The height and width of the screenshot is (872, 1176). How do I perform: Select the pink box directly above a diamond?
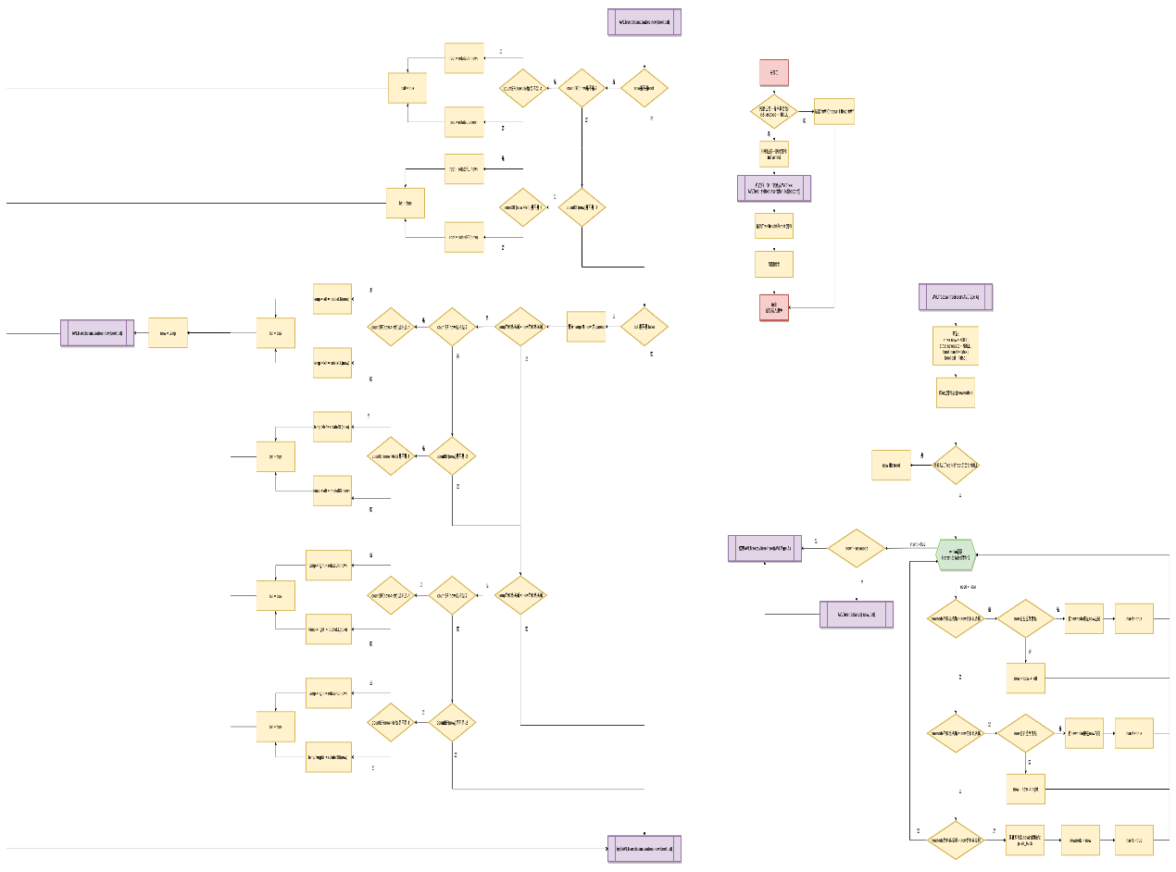[773, 72]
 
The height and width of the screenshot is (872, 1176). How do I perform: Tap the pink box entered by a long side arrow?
[773, 307]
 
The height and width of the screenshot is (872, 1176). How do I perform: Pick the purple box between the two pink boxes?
[773, 188]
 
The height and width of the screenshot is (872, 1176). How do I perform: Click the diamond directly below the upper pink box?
[773, 111]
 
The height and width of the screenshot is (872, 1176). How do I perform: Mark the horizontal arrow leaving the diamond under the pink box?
[806, 111]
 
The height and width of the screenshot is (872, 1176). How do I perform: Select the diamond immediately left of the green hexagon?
[856, 548]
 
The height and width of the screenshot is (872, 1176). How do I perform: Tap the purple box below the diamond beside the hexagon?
[857, 615]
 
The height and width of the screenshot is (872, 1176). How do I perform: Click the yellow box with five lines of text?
[955, 345]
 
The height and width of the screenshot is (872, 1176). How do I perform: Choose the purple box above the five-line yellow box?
[955, 297]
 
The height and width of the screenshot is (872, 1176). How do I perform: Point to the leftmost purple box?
[97, 332]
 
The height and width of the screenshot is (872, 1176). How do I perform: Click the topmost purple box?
[644, 22]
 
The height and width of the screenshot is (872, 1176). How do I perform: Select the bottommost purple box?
[644, 848]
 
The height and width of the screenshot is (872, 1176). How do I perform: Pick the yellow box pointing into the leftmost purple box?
[168, 332]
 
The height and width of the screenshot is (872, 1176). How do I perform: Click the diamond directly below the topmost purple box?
[644, 88]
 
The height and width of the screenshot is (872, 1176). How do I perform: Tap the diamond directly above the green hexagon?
[955, 465]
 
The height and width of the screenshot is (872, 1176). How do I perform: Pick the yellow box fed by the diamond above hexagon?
[891, 465]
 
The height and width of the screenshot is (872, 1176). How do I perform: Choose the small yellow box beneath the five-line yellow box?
[955, 392]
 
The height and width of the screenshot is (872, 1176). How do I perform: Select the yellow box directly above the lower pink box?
[773, 265]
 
